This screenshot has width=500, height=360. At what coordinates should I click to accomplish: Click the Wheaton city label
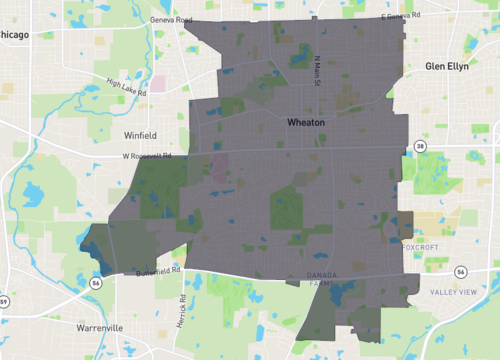point(306,122)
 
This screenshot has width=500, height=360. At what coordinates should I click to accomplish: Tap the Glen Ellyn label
point(446,66)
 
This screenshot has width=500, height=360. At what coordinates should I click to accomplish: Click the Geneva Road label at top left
point(170,19)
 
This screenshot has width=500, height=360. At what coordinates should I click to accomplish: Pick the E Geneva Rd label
point(402,16)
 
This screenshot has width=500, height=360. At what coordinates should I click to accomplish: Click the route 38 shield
point(421,146)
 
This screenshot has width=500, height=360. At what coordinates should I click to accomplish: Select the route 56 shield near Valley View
point(460,271)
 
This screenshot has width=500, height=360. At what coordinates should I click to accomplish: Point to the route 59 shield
point(3,300)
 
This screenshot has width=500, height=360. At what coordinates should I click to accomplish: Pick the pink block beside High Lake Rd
point(158,84)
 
